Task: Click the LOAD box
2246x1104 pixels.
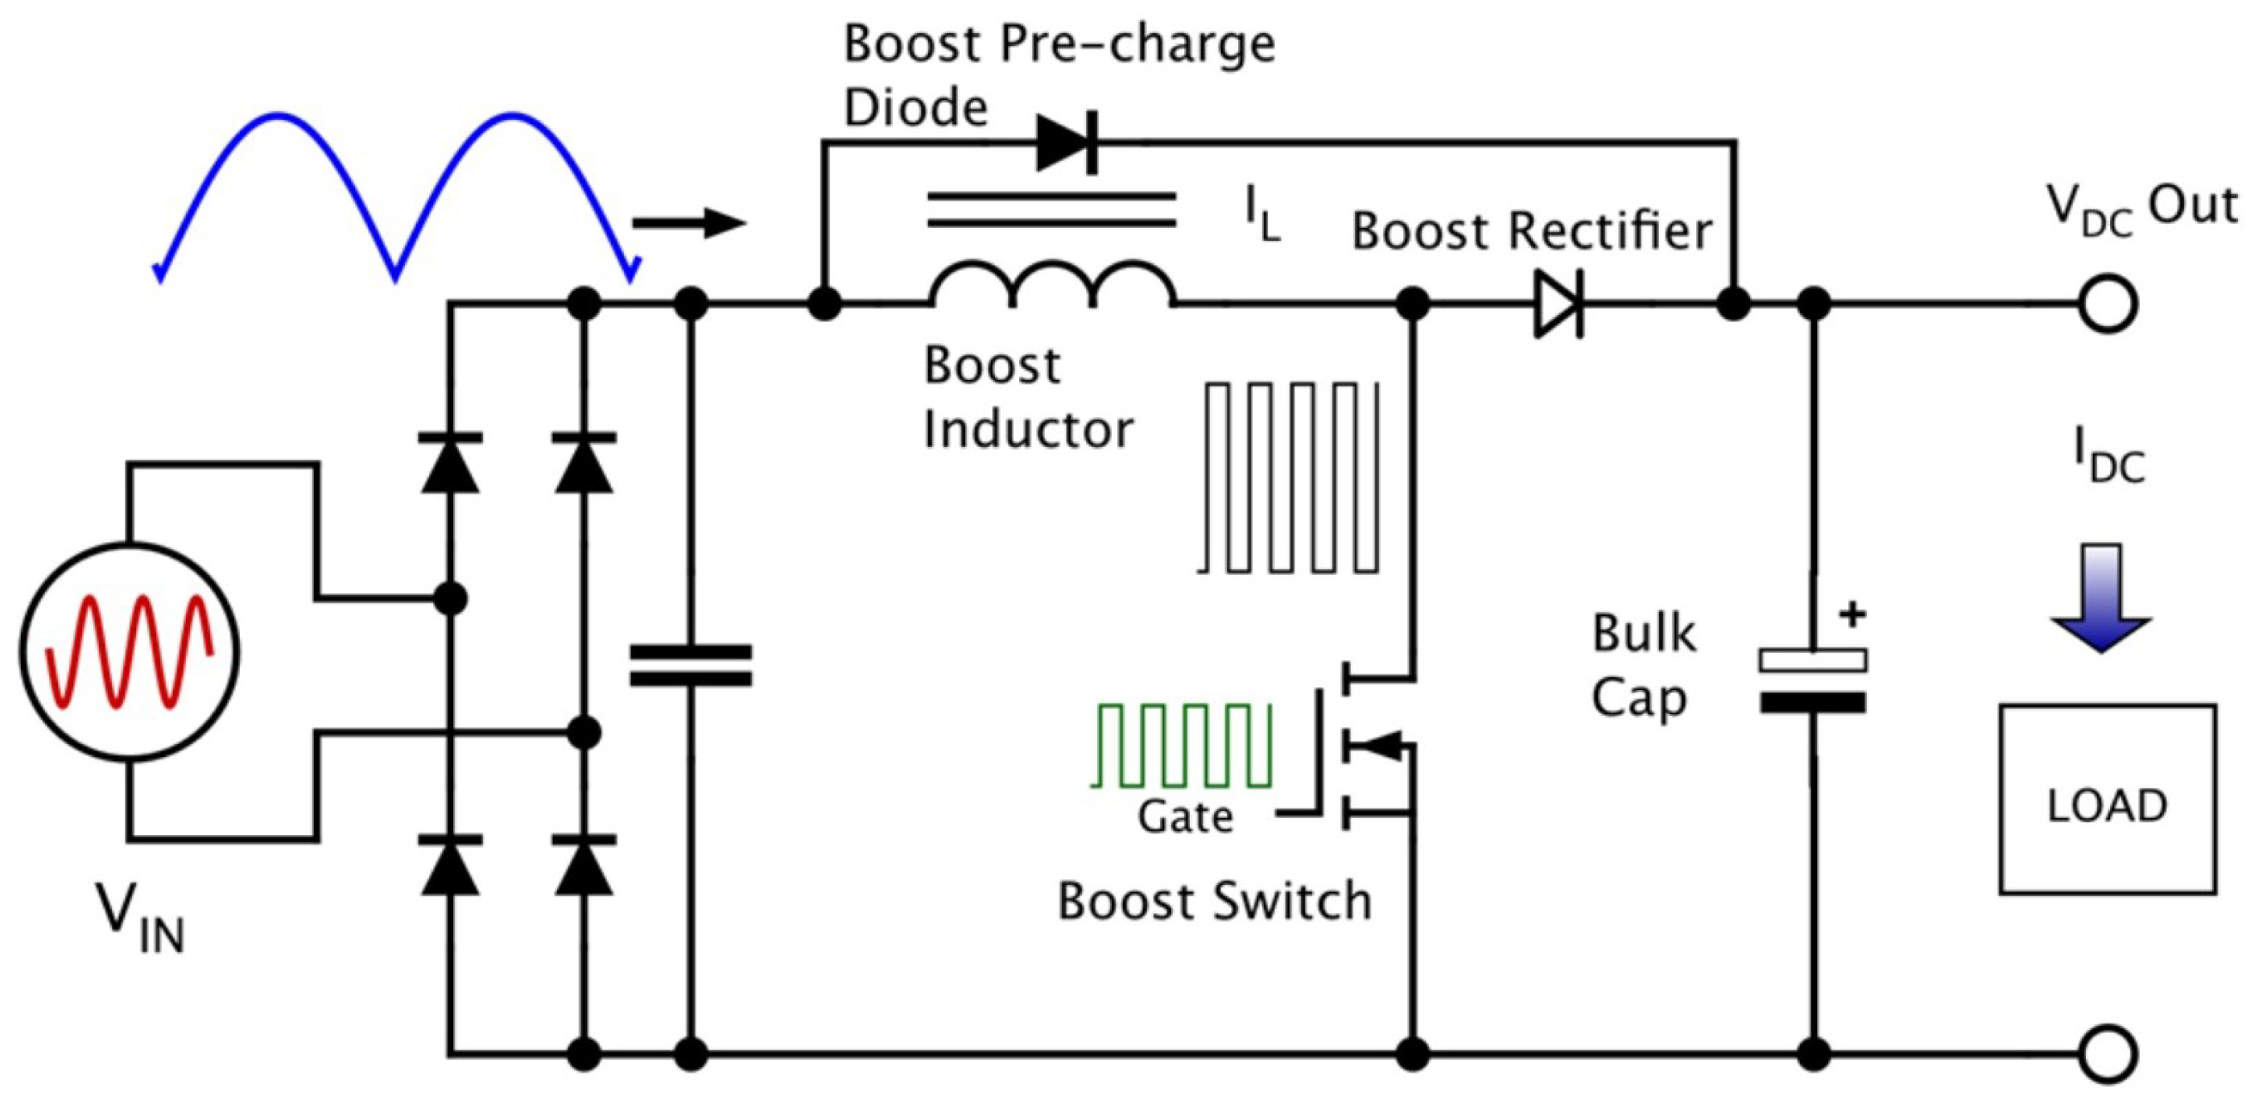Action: [2108, 799]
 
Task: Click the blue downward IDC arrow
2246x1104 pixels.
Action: [2100, 598]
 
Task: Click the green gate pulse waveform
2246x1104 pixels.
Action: [1183, 745]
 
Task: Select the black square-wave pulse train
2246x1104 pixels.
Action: [1289, 477]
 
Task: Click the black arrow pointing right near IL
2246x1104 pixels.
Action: [689, 223]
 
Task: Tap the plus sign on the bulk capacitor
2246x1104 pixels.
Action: [1853, 614]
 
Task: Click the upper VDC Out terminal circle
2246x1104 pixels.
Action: [2108, 304]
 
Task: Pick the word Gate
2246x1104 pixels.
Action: [1185, 818]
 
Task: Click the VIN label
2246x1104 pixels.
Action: [139, 919]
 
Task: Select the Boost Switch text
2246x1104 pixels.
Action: [1214, 902]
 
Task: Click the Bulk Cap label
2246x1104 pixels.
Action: [1644, 665]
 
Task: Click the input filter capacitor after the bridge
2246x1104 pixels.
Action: [691, 665]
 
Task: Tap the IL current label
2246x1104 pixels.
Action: [1262, 214]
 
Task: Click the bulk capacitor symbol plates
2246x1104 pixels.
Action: [1814, 681]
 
